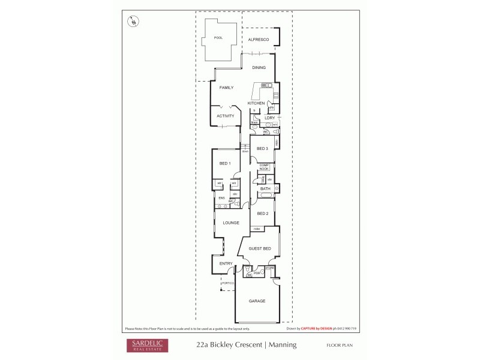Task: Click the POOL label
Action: (218, 38)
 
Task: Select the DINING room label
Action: (259, 67)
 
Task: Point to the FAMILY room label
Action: (226, 88)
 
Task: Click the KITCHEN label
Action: (256, 103)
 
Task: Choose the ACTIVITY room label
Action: (225, 116)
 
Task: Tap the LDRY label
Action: (269, 118)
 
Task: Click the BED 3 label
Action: (262, 148)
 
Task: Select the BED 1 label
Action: (225, 163)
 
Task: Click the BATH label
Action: (265, 189)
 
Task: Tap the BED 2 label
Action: (262, 214)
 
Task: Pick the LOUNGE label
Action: (231, 223)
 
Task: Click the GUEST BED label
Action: (259, 248)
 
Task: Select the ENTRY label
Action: (226, 263)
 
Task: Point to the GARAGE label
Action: (257, 301)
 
